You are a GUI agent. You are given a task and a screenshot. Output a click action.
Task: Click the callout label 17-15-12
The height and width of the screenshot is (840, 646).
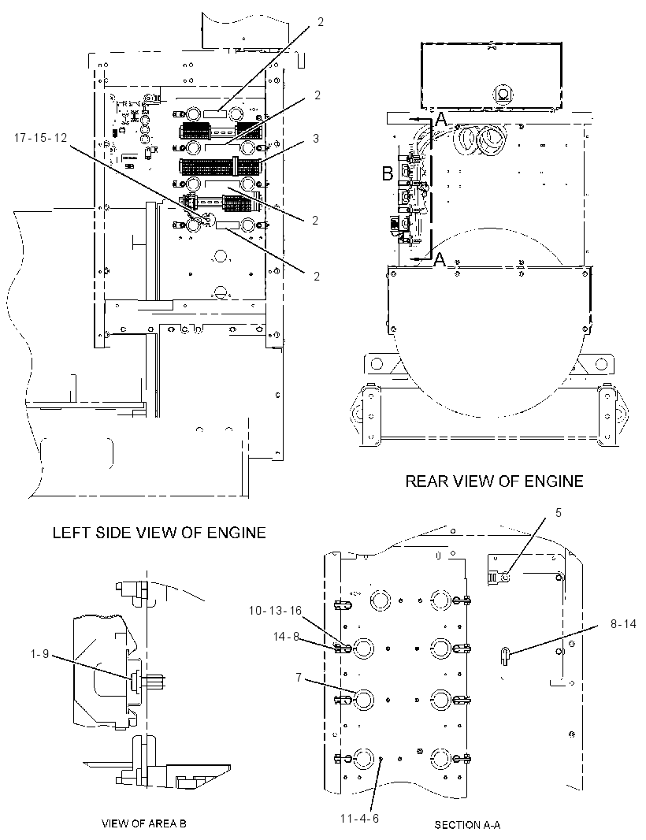pos(41,138)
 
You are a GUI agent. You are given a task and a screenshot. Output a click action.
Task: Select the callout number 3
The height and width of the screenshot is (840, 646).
pos(316,138)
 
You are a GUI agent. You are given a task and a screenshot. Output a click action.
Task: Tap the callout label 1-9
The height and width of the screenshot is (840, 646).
pos(39,653)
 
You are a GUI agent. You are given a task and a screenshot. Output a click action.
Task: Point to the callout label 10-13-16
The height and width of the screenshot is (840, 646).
pos(275,611)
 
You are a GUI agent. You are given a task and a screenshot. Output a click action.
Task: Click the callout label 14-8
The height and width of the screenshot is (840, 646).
pos(286,637)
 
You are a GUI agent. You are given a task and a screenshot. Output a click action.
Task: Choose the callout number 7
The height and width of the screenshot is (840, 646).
pos(299,678)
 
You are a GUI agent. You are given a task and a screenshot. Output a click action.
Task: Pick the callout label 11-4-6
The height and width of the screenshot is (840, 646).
pos(359,819)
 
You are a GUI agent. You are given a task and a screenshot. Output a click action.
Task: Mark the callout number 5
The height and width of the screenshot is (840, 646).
pos(558,513)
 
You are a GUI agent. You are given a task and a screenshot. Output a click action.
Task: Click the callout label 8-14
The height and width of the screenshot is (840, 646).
pos(623,623)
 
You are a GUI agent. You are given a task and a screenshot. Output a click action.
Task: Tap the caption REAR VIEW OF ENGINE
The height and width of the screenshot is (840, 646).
pos(494,481)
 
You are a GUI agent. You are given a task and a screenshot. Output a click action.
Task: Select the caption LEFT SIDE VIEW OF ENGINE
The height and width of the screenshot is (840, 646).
pos(159,533)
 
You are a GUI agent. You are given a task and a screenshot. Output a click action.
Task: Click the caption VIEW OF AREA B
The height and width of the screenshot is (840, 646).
pos(144,823)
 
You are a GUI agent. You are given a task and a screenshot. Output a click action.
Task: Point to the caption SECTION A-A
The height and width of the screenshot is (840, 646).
pos(467,825)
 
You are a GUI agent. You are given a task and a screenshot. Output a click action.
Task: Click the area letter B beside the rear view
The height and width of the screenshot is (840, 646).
pos(388,173)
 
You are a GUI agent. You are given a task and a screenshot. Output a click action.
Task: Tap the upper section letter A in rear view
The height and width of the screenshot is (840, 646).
pos(440,120)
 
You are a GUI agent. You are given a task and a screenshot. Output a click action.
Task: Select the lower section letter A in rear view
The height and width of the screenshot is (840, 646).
pos(440,260)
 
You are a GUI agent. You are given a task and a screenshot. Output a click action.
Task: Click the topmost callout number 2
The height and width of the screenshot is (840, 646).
pos(321,22)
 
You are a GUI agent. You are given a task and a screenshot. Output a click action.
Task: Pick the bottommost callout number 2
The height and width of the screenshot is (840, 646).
pos(317,276)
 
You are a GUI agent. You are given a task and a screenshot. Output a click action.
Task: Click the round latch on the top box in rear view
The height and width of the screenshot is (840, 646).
pos(503,94)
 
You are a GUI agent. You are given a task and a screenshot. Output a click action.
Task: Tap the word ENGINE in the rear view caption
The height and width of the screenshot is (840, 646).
pos(554,481)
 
